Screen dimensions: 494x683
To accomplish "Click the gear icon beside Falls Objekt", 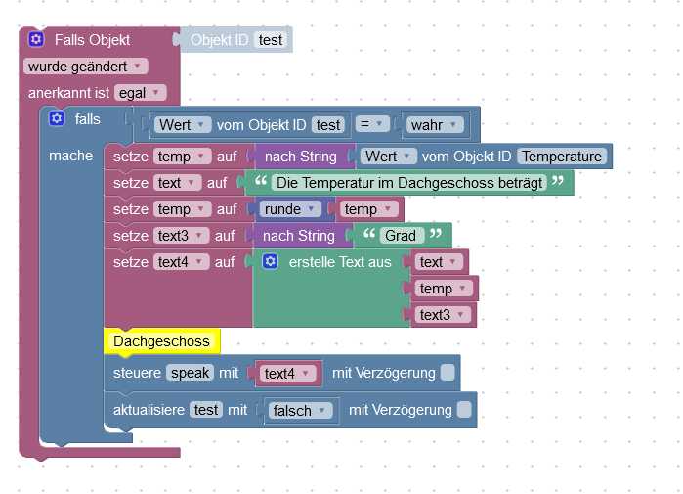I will pyautogui.click(x=36, y=40).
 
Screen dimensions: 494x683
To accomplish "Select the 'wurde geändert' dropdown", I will pyautogui.click(x=85, y=67).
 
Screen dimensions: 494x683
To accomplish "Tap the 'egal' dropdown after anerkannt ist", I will pyautogui.click(x=141, y=93).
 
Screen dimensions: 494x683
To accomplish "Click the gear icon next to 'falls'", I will pyautogui.click(x=57, y=119).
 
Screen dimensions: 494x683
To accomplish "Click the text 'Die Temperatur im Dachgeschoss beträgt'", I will pyautogui.click(x=408, y=182).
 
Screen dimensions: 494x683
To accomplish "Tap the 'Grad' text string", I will pyautogui.click(x=401, y=236).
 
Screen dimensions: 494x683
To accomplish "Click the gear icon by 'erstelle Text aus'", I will pyautogui.click(x=271, y=262).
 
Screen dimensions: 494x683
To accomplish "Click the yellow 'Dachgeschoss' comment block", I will pyautogui.click(x=161, y=341).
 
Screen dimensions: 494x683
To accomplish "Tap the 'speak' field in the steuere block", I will pyautogui.click(x=190, y=374).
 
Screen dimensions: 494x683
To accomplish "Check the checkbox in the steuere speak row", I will pyautogui.click(x=447, y=373).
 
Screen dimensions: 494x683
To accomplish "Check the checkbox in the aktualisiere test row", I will pyautogui.click(x=463, y=410).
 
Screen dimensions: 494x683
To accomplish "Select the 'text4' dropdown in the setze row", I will pyautogui.click(x=182, y=262).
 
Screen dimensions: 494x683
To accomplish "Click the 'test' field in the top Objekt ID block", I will pyautogui.click(x=271, y=40).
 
